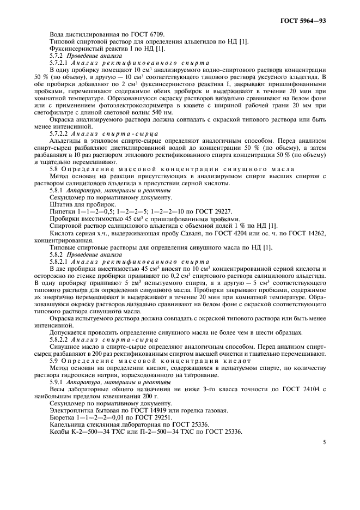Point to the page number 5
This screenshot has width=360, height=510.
point(324,442)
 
